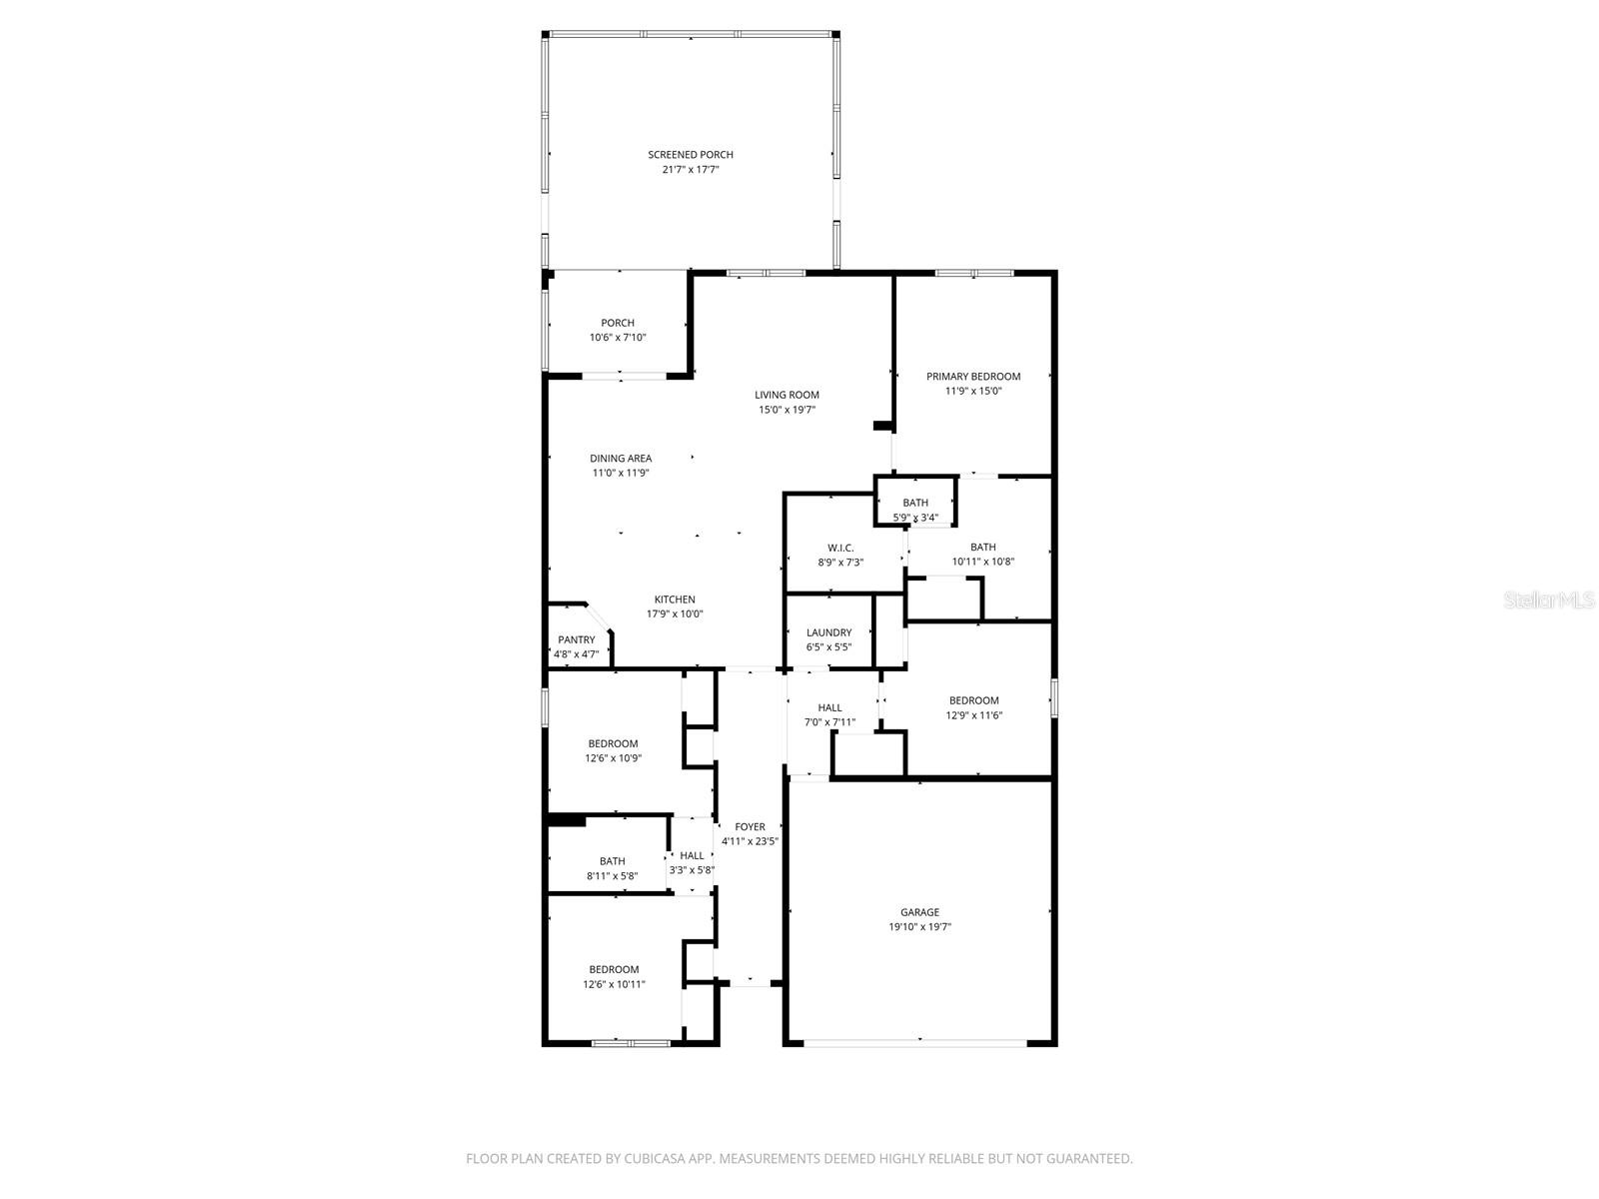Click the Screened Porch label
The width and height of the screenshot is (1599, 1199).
point(691,155)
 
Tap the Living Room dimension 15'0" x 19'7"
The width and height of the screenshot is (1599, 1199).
point(787,410)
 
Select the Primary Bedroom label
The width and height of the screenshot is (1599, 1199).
point(973,377)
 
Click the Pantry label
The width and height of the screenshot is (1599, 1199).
point(577,639)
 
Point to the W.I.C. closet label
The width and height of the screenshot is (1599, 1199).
point(840,548)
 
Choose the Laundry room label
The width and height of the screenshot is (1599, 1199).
point(828,632)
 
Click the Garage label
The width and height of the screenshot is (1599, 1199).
point(919,912)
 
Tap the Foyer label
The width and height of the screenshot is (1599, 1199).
point(750,826)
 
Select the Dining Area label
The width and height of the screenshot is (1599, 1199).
point(621,459)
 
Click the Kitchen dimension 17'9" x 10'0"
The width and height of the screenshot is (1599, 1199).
point(675,614)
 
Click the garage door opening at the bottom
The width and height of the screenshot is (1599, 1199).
point(915,1043)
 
